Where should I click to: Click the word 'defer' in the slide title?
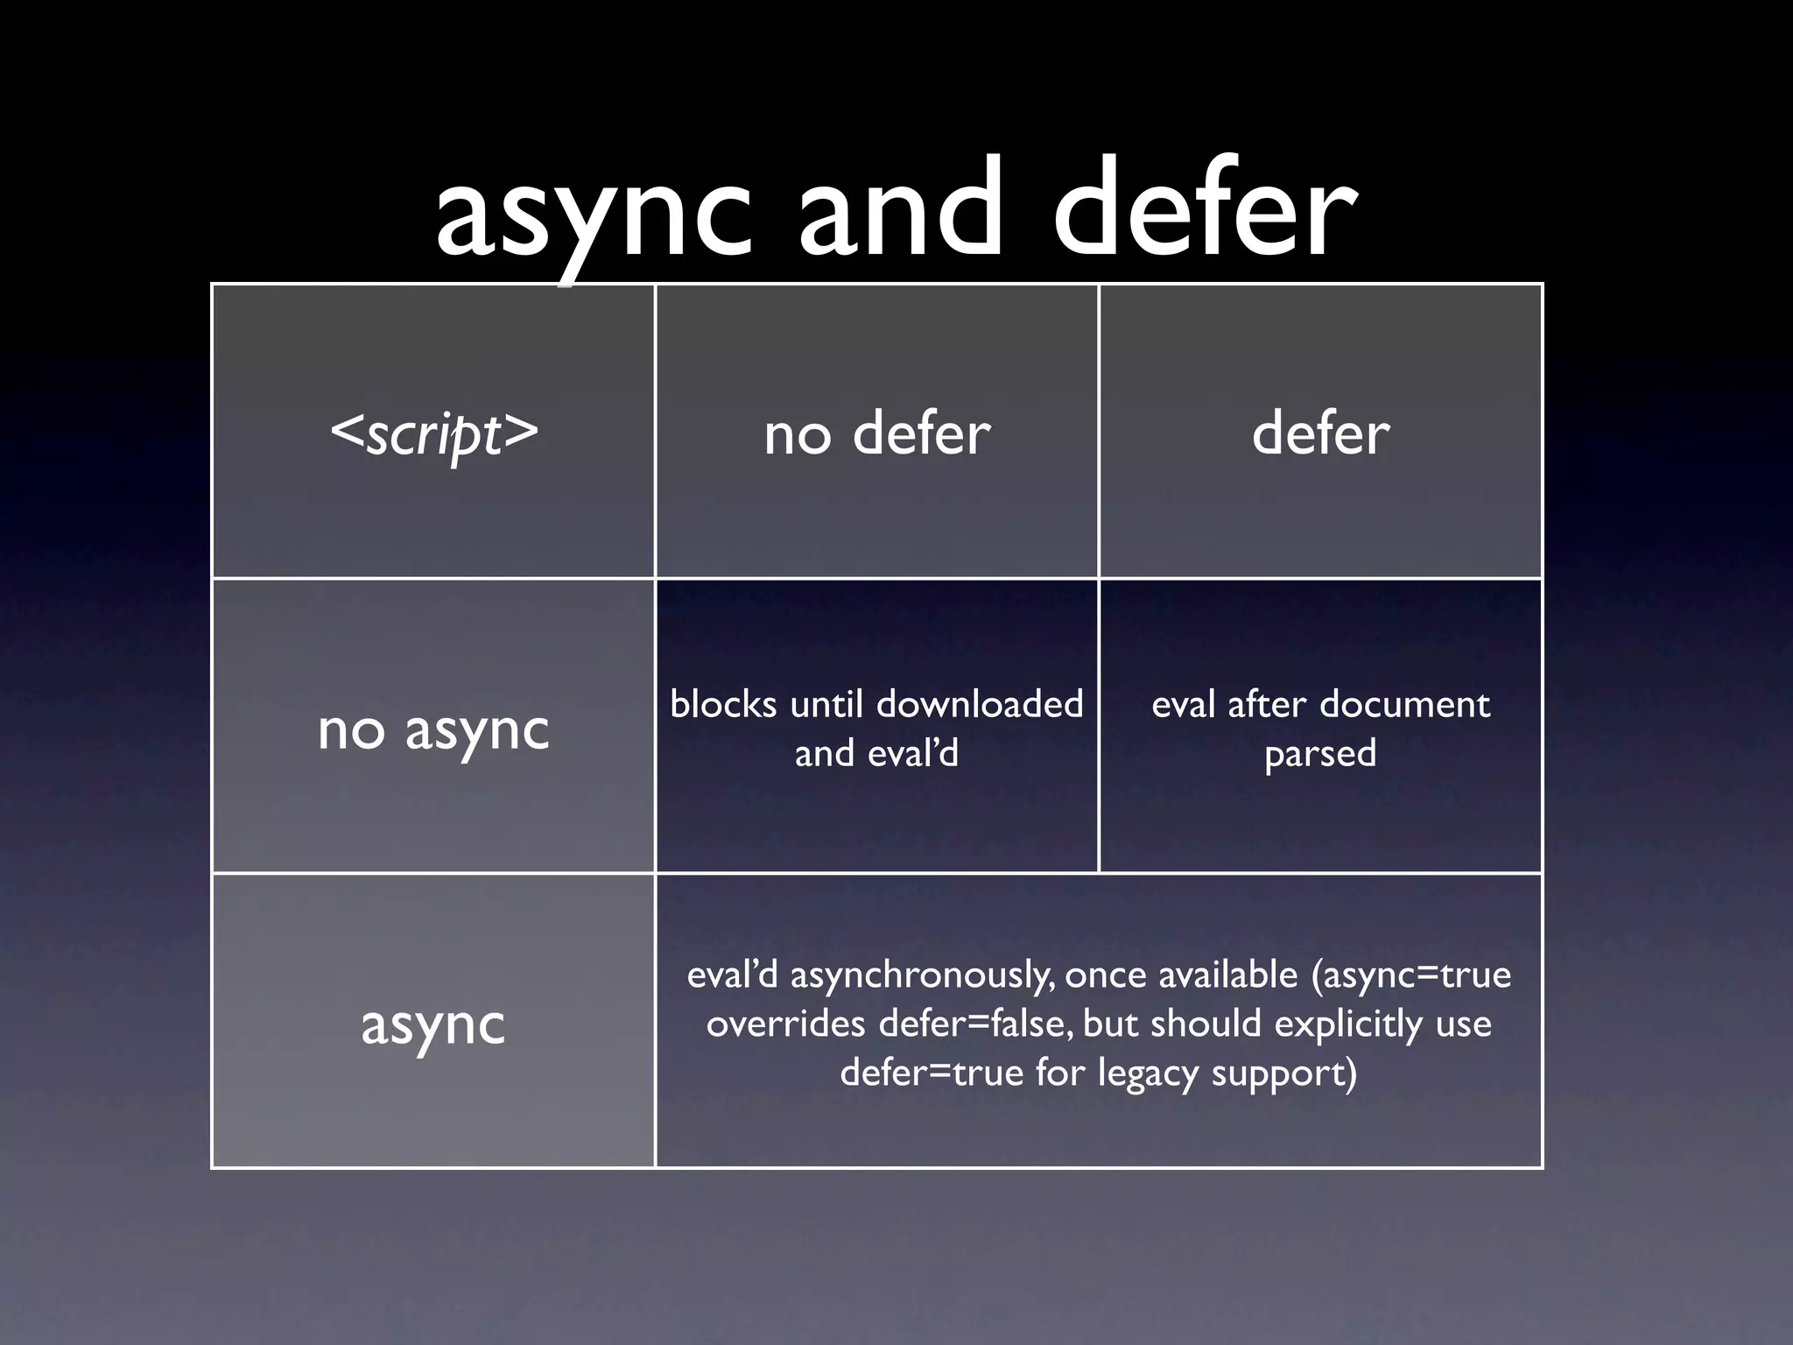[1205, 210]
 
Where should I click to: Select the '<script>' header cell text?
[433, 433]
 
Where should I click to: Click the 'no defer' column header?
[876, 433]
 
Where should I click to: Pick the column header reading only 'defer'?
[1320, 433]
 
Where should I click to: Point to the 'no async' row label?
[433, 729]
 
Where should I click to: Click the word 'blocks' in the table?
[723, 704]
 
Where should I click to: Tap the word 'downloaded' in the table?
[980, 704]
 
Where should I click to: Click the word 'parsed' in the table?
[1320, 754]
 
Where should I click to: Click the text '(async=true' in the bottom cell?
[1411, 975]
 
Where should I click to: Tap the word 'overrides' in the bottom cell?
[785, 1024]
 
